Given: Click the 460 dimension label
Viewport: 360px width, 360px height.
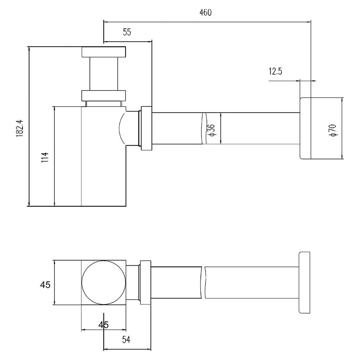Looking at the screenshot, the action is [206, 13].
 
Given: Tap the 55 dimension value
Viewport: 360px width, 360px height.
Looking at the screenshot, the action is [127, 32].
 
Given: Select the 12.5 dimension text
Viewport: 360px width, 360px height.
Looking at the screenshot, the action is [275, 71].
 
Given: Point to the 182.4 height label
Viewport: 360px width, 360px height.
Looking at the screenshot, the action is [20, 128].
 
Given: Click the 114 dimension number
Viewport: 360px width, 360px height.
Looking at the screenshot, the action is [45, 157].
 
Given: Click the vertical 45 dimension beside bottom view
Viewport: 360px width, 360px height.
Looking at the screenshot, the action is [45, 285].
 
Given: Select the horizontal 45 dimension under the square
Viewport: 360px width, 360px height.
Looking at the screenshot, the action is [103, 325].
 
